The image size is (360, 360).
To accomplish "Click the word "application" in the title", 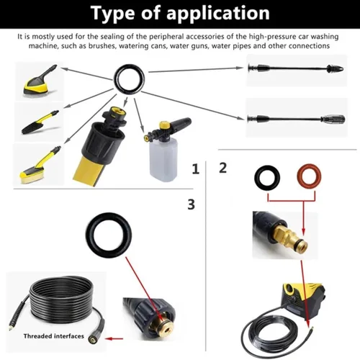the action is click(218, 14).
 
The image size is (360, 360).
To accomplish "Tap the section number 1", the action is click(196, 169).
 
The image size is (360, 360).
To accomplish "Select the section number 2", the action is click(222, 168).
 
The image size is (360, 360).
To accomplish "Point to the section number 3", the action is click(191, 204).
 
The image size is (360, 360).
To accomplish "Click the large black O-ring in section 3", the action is click(89, 235).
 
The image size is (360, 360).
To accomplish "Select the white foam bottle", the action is click(163, 158).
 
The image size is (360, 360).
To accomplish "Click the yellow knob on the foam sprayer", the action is click(164, 125).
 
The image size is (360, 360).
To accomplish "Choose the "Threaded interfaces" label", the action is click(54, 336).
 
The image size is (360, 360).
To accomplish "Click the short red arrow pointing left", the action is click(114, 339).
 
